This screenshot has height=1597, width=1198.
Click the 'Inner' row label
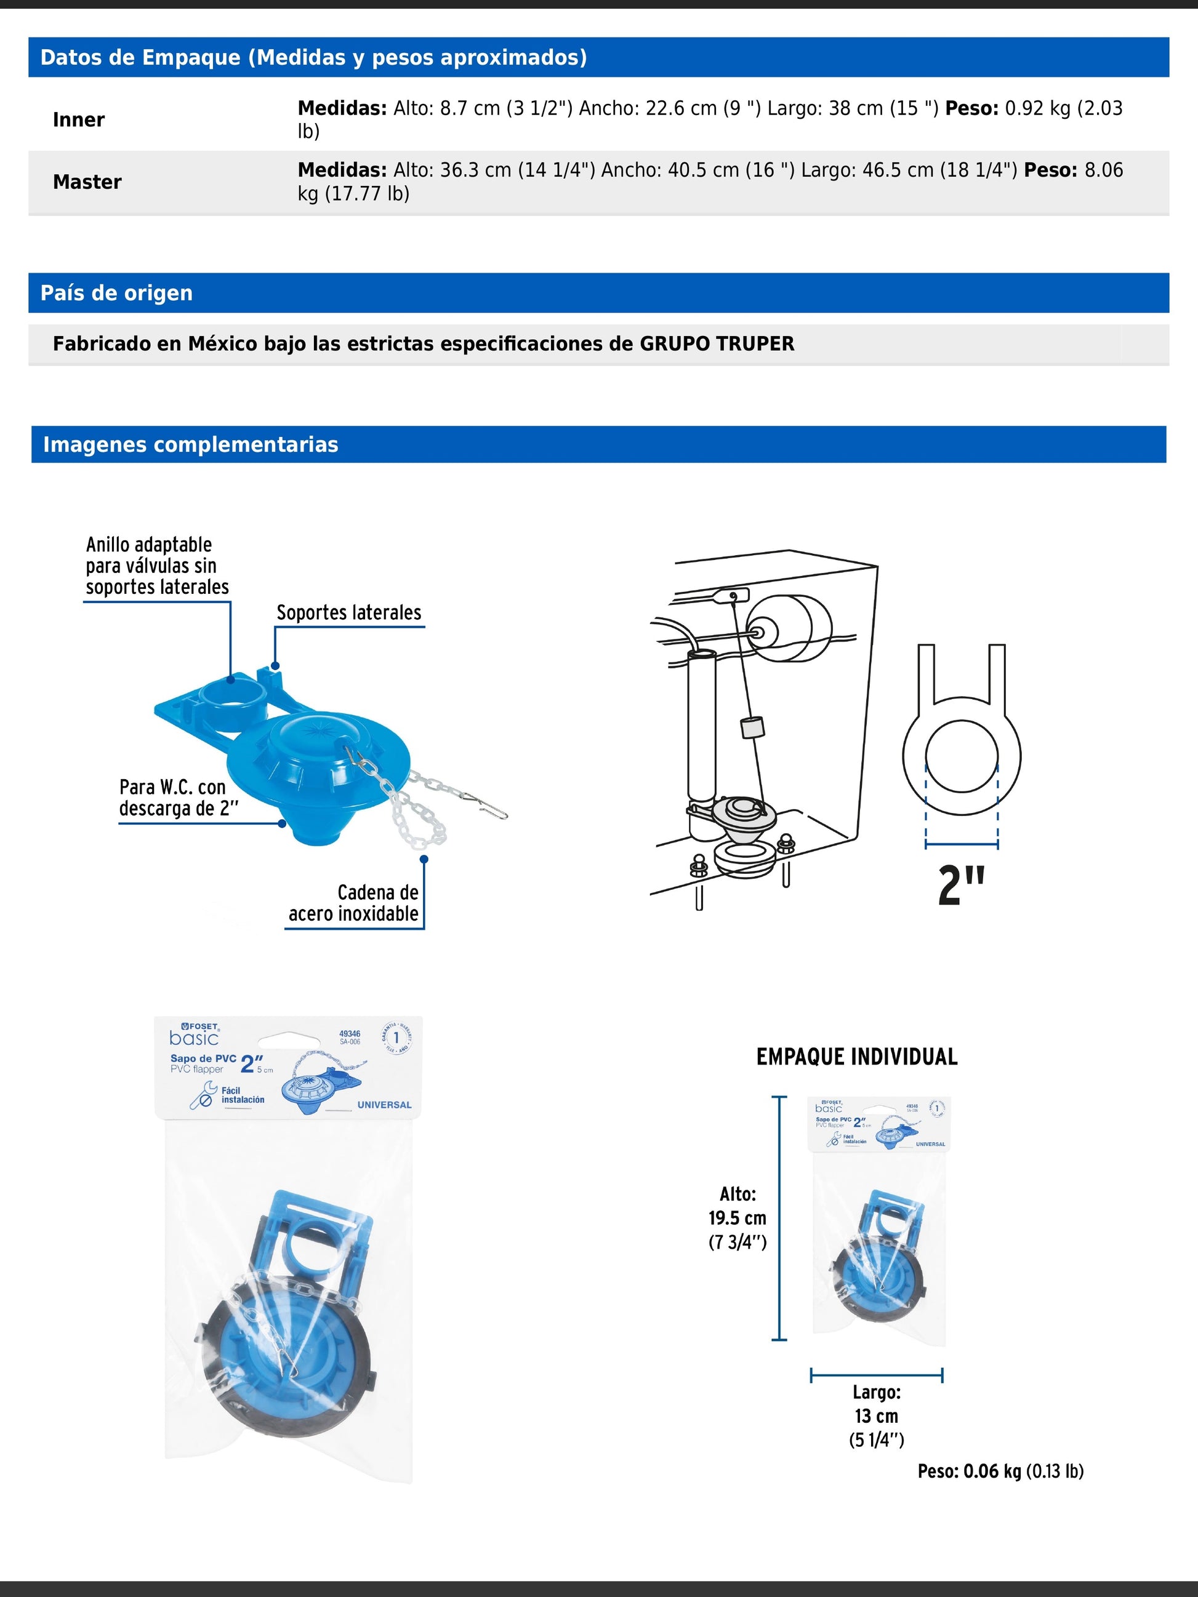click(79, 120)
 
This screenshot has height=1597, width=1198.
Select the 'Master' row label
click(87, 182)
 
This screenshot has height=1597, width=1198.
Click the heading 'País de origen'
click(116, 293)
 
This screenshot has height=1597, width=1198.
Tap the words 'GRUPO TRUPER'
click(717, 343)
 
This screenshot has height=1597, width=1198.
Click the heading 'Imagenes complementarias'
click(191, 445)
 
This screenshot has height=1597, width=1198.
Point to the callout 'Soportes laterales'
click(349, 613)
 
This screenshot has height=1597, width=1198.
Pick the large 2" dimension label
click(961, 885)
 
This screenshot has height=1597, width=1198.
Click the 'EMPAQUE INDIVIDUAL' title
click(856, 1057)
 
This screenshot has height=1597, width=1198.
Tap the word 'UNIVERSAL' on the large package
click(384, 1105)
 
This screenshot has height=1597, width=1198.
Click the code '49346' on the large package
click(350, 1034)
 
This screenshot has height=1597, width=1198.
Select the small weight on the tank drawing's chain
click(752, 728)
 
